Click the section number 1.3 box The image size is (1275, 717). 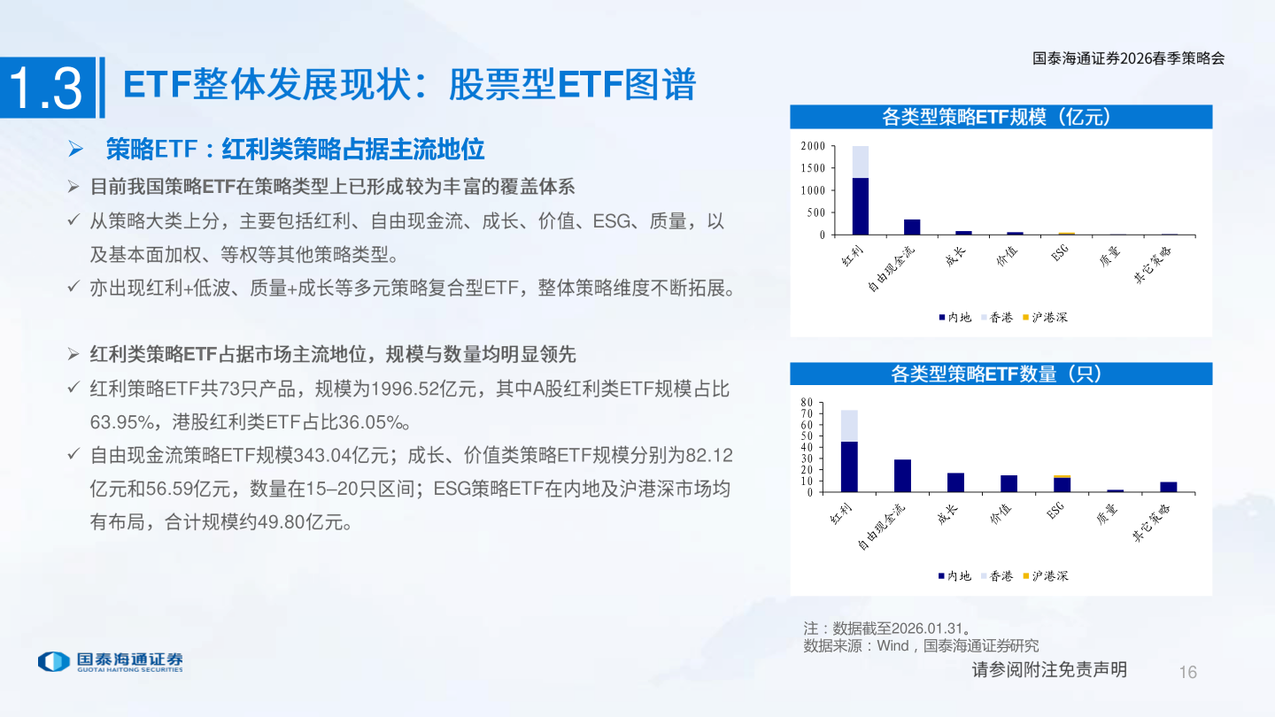(48, 88)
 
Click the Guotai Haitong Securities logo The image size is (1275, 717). (111, 661)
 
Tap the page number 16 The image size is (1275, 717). (1188, 672)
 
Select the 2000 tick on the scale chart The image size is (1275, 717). (813, 146)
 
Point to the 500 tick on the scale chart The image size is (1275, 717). (815, 212)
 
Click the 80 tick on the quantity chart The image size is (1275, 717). (807, 402)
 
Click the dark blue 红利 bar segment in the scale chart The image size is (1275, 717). (860, 206)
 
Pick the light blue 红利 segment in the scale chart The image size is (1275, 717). (860, 162)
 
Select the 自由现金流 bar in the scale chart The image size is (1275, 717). (912, 227)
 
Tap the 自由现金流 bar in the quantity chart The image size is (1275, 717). (902, 475)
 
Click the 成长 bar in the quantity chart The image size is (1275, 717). (955, 482)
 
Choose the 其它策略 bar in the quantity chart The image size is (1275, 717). (1169, 487)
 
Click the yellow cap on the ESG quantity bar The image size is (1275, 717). (1062, 477)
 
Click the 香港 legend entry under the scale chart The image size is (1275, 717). (997, 318)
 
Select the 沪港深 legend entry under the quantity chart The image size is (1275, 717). (1046, 576)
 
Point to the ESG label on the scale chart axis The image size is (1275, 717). (1059, 252)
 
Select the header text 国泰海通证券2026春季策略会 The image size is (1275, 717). (1128, 58)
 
